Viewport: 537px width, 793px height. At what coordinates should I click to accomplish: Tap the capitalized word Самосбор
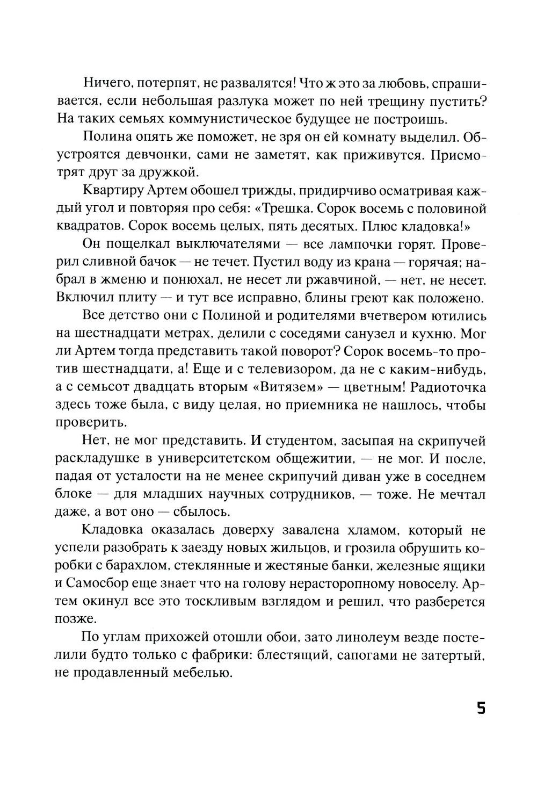(102, 584)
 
